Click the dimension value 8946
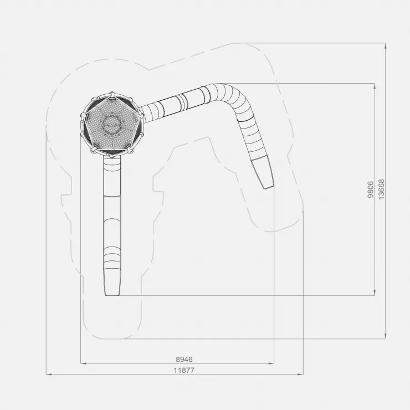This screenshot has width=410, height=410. tap(184, 359)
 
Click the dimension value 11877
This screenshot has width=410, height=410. tap(184, 370)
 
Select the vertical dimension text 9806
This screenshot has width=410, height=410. tap(371, 189)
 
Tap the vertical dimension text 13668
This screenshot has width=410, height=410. tap(382, 189)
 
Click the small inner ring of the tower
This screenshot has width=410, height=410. tap(112, 125)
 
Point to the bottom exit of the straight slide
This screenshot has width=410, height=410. tap(112, 294)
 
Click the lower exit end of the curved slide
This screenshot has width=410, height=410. tap(268, 187)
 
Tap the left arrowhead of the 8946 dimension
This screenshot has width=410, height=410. tap(83, 363)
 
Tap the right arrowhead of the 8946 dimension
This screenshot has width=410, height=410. tap(271, 363)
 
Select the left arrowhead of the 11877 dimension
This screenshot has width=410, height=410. tap(49, 374)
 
